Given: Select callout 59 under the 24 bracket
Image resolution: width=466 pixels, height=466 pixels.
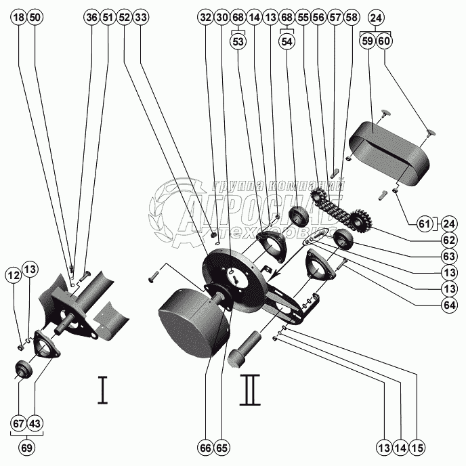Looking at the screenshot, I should click(368, 41).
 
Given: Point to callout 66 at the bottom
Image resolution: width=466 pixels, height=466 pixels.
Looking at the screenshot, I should click(205, 448).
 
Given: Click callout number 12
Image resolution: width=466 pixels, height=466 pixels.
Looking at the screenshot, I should click(14, 275).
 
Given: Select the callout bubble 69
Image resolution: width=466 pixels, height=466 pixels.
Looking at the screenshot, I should click(27, 447).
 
